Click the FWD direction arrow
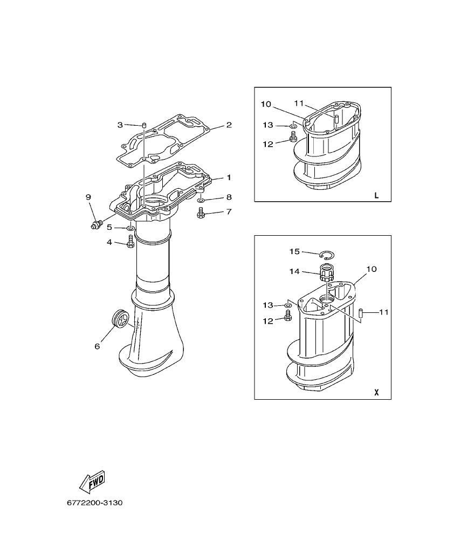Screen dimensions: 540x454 pos(91,481)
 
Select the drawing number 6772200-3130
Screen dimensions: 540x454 pos(95,503)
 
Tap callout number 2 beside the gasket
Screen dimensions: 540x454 pos(229,125)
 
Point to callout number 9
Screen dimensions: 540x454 pos(88,197)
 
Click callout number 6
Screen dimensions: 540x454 pos(97,346)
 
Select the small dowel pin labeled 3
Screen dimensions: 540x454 pos(145,125)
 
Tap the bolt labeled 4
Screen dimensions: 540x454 pos(130,243)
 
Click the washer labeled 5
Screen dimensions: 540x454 pos(130,228)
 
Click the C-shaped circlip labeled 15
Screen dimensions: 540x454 pos(327,255)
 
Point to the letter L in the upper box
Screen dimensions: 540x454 pos(376,195)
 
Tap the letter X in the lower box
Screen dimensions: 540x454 pos(376,393)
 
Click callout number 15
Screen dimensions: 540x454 pos(294,251)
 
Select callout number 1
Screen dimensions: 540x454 pos(229,177)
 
